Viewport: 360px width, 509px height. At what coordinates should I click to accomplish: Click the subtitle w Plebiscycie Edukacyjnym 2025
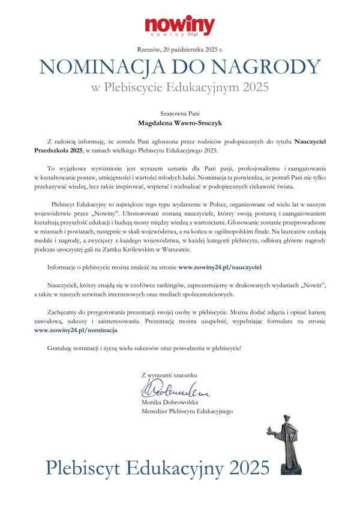click(x=179, y=88)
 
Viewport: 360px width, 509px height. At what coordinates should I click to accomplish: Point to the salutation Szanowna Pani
click(x=179, y=113)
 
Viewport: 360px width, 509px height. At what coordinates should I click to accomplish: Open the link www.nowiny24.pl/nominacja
click(x=76, y=330)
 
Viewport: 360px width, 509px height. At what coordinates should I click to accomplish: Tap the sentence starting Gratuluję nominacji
click(x=144, y=348)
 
